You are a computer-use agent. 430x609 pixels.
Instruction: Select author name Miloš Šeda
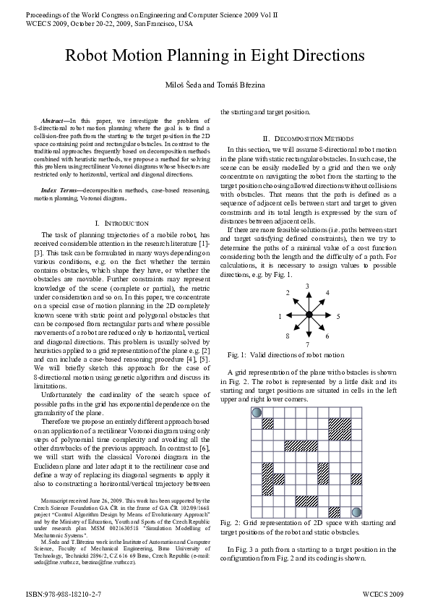184,87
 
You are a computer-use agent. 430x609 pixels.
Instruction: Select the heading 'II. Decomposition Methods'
308,138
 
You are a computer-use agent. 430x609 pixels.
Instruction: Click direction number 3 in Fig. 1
308,286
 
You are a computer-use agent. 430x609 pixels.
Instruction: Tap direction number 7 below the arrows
308,345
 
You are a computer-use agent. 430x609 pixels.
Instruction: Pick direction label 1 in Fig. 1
280,317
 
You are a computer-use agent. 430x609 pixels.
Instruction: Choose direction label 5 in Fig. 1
337,317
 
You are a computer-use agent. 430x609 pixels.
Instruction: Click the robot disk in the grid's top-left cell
256,412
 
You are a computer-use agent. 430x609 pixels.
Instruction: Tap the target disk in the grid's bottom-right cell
356,511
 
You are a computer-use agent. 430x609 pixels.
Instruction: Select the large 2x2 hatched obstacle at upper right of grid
339,428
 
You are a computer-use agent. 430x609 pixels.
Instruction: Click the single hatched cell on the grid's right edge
356,479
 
